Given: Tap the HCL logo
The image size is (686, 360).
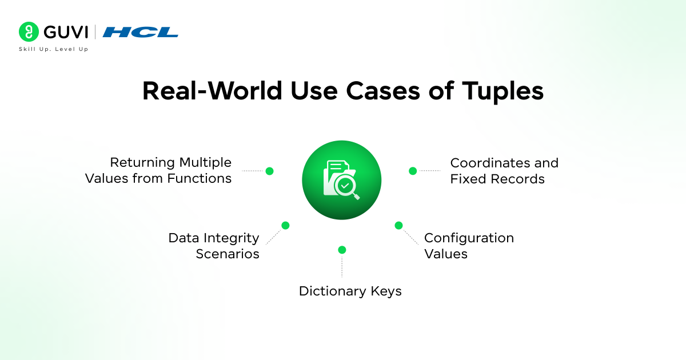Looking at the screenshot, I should click(x=141, y=32).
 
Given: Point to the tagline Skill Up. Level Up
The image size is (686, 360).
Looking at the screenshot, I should click(x=54, y=49).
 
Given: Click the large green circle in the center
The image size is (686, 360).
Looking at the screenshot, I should click(x=341, y=180).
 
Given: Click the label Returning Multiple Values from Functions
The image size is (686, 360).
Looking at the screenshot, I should click(x=158, y=170).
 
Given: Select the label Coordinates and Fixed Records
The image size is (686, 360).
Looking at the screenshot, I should click(x=504, y=170).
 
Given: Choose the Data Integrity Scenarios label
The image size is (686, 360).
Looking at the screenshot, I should click(x=214, y=246).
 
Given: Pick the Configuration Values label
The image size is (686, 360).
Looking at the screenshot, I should click(x=469, y=246).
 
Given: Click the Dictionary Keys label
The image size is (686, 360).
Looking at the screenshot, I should click(x=350, y=291).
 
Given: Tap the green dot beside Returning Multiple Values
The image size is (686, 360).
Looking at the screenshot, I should click(x=270, y=171).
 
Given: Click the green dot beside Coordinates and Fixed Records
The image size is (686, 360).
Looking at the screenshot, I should click(x=413, y=171).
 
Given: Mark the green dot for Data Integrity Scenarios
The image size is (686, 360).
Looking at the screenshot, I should click(x=285, y=225).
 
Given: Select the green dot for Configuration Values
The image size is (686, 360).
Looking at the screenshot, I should click(x=398, y=225).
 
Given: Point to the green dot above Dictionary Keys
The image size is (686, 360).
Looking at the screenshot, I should click(x=342, y=250).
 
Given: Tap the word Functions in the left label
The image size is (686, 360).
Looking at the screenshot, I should click(x=199, y=178).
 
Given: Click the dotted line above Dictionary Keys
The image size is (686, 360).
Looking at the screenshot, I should click(x=342, y=267).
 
